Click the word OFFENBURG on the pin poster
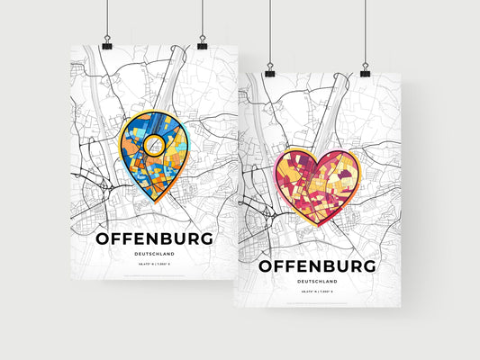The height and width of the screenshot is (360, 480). (153, 238)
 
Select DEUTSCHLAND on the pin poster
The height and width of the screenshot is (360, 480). (153, 255)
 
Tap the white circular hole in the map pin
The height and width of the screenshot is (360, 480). (154, 143)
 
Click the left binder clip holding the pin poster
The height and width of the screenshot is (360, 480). (106, 44)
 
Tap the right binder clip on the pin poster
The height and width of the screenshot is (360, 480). (202, 44)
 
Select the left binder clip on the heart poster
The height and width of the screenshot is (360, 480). (269, 70)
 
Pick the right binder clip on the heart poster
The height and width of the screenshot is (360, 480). (365, 70)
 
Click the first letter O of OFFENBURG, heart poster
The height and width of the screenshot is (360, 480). (267, 266)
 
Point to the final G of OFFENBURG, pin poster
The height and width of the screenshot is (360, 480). (206, 238)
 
